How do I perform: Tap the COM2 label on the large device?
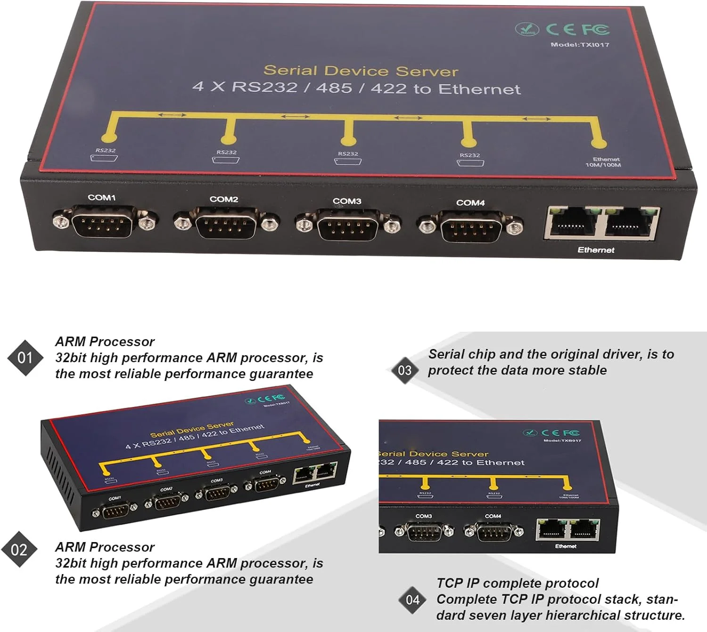pos(224,199)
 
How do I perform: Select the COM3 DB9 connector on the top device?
pos(348,226)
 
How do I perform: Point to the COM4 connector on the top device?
pos(471,227)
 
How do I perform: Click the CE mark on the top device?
pos(560,29)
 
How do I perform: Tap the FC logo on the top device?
pos(595,30)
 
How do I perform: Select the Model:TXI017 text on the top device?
pos(580,45)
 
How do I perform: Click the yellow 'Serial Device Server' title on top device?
pos(361,71)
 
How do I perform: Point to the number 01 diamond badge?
pos(25,358)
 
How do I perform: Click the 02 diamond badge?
pos(19,550)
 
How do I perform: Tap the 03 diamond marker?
pos(405,370)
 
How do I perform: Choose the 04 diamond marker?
pos(412,600)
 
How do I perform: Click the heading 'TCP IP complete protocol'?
pos(517,583)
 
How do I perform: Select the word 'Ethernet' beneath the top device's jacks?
pos(596,250)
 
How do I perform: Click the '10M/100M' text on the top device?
pos(603,165)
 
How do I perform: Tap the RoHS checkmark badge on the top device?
pos(526,29)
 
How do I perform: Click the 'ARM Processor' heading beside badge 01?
pos(105,341)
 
